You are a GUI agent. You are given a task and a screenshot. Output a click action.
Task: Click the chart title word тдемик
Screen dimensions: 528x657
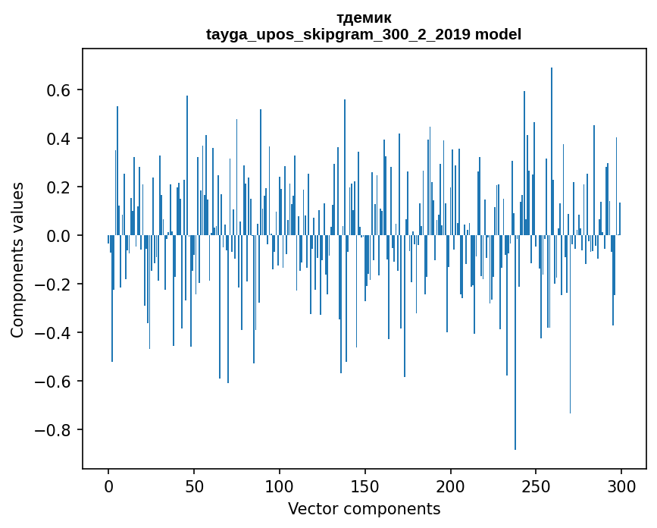coord(364,18)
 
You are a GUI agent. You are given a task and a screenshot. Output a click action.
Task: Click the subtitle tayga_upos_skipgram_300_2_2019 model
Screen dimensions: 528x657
coord(364,34)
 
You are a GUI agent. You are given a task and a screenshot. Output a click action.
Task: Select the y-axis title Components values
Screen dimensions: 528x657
coord(17,259)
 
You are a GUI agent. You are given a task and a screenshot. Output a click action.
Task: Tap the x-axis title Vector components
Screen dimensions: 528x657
coord(364,508)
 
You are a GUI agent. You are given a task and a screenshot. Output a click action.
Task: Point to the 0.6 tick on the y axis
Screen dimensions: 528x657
coord(58,90)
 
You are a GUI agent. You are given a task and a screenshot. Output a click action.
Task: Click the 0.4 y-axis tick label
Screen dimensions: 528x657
coord(58,139)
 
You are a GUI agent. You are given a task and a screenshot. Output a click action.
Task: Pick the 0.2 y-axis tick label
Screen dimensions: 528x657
coord(58,187)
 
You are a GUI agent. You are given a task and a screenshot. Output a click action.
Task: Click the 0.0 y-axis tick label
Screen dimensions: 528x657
coord(58,236)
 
